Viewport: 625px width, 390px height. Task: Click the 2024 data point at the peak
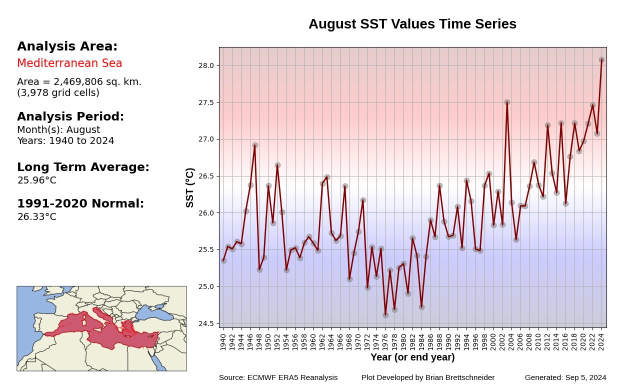coord(601,59)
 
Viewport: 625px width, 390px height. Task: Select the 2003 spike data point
coord(507,102)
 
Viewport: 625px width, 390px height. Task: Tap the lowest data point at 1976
coord(385,315)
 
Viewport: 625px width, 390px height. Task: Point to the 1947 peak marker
coord(255,145)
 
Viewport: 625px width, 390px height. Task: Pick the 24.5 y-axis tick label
coord(208,323)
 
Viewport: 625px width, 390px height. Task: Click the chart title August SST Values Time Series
coord(412,24)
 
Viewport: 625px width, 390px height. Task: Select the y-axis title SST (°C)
coord(189,187)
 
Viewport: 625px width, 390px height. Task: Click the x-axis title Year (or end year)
coord(412,357)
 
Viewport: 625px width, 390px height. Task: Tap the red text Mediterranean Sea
coord(69,63)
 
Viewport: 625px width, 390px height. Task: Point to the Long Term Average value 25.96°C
coord(37,180)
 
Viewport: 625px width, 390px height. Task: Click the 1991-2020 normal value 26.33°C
coord(37,217)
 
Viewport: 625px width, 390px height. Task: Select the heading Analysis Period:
coord(70,117)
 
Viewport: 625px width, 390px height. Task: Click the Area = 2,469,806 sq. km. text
coord(79,82)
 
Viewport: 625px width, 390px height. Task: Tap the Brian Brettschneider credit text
coord(428,377)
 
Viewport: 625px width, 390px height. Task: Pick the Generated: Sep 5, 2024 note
coord(565,377)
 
